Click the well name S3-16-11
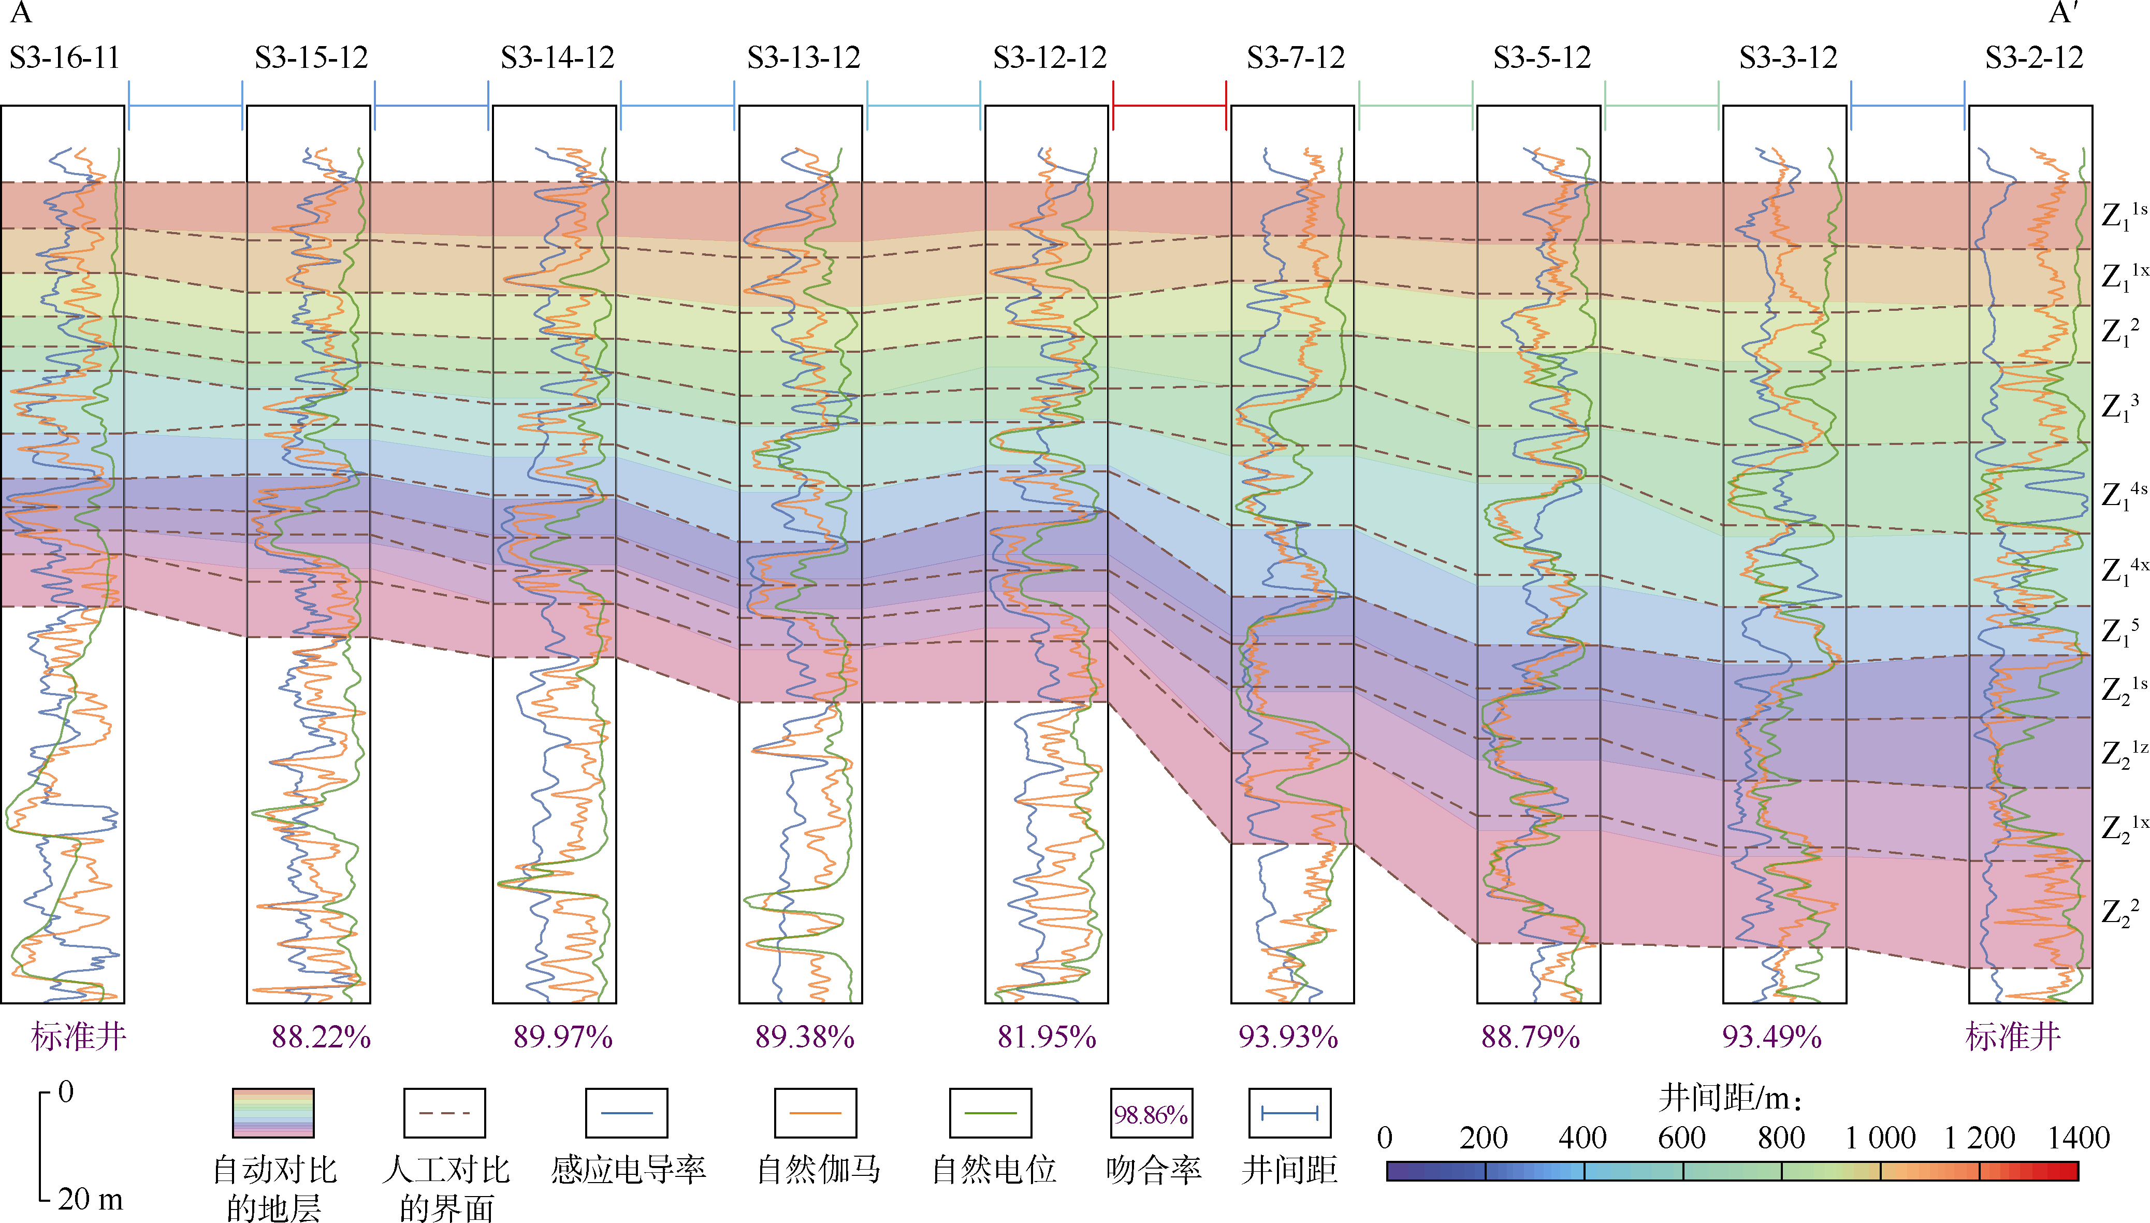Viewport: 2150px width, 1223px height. [x=65, y=58]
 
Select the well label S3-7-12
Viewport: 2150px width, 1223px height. [x=1296, y=58]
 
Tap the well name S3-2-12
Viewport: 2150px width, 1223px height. [x=2033, y=58]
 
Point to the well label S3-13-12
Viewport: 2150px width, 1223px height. [x=804, y=58]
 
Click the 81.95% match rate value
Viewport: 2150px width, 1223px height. [x=1046, y=1038]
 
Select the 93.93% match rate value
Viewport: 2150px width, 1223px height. [x=1288, y=1038]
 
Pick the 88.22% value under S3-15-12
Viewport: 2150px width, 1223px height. [x=321, y=1038]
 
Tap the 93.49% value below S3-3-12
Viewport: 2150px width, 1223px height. [x=1771, y=1038]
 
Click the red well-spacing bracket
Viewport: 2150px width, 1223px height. [x=1169, y=106]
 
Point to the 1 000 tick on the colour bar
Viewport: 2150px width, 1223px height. [x=1881, y=1138]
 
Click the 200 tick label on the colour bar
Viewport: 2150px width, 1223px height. [x=1484, y=1138]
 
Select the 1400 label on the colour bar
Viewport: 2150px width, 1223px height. [x=2079, y=1138]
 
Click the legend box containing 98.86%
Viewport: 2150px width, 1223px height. [x=1151, y=1114]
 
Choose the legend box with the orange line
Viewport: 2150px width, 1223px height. [x=815, y=1114]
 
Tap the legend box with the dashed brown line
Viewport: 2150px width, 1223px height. [x=444, y=1114]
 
